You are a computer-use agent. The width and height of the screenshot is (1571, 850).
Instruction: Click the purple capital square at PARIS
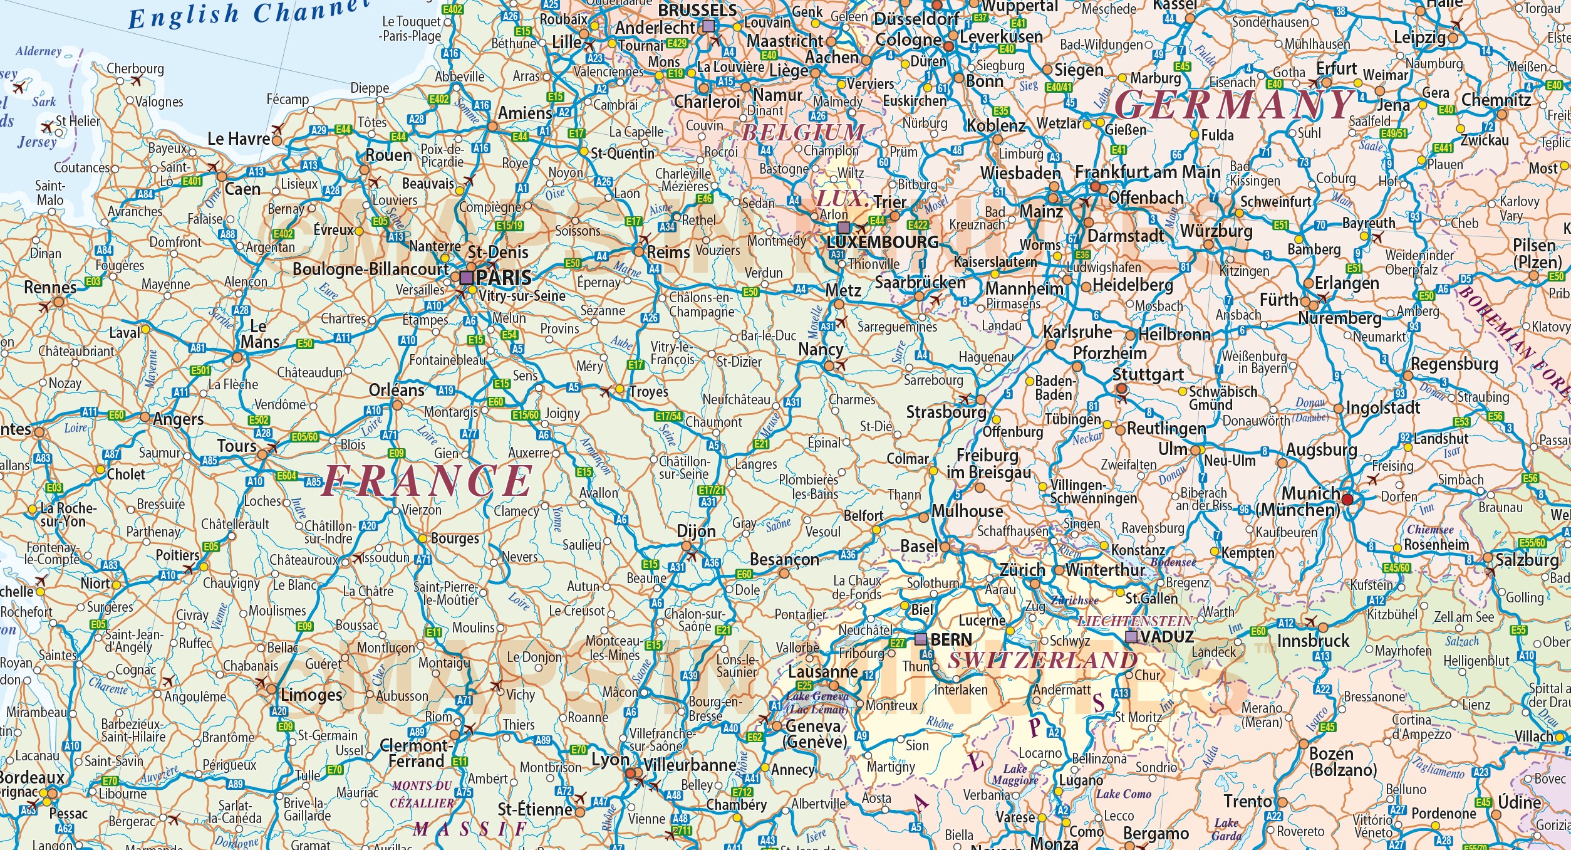coord(467,277)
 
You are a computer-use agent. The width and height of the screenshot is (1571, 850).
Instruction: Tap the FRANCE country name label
coord(427,481)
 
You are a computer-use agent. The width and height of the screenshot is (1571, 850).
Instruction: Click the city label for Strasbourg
coord(946,412)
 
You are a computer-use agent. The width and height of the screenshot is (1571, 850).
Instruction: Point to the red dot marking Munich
coord(1347,500)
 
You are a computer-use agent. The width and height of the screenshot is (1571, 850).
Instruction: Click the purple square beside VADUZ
coord(1131,637)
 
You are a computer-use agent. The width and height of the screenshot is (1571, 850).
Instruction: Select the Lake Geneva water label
coord(817,696)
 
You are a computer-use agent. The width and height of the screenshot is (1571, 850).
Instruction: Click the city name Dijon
coord(696,532)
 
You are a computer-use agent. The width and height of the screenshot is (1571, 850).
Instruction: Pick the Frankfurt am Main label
coord(1148,172)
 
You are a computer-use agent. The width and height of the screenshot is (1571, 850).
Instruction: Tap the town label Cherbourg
coord(135,68)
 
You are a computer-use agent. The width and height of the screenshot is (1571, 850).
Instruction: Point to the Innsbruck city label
coord(1313,641)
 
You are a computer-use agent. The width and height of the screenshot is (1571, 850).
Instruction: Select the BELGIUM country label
coord(803,133)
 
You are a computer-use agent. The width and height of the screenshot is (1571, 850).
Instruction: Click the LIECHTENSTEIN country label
coord(1134,621)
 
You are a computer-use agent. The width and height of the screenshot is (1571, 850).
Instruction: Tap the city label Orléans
coord(397,391)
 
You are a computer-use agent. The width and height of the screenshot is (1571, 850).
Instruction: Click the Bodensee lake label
coord(1173,562)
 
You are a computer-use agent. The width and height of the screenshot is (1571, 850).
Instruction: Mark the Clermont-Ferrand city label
coord(415,753)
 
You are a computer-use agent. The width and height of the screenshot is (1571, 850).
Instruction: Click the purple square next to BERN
coord(920,639)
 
